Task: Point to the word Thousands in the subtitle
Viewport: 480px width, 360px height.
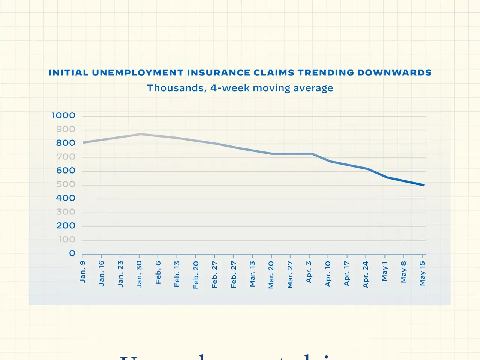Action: point(176,88)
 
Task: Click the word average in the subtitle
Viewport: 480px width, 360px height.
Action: point(314,88)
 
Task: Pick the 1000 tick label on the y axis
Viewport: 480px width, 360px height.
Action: point(63,115)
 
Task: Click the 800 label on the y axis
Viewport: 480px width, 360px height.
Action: point(66,143)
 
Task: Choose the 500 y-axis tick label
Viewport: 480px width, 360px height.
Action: point(66,184)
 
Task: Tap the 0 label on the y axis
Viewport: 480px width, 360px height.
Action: point(72,253)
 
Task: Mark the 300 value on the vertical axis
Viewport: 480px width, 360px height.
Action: point(66,212)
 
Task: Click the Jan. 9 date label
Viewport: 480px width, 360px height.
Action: point(83,272)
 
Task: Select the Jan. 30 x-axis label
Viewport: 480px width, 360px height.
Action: point(139,274)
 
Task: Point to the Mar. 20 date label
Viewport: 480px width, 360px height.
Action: point(271,275)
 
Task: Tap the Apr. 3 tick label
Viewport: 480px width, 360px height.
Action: point(309,272)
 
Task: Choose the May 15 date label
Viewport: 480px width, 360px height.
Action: point(422,273)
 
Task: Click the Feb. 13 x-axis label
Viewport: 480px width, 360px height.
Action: point(177,274)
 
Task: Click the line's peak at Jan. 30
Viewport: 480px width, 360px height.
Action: point(140,134)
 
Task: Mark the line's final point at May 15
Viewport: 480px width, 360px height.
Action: point(424,185)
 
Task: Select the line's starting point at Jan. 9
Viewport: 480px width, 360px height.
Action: point(83,142)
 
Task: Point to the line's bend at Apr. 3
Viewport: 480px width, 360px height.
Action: point(311,154)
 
